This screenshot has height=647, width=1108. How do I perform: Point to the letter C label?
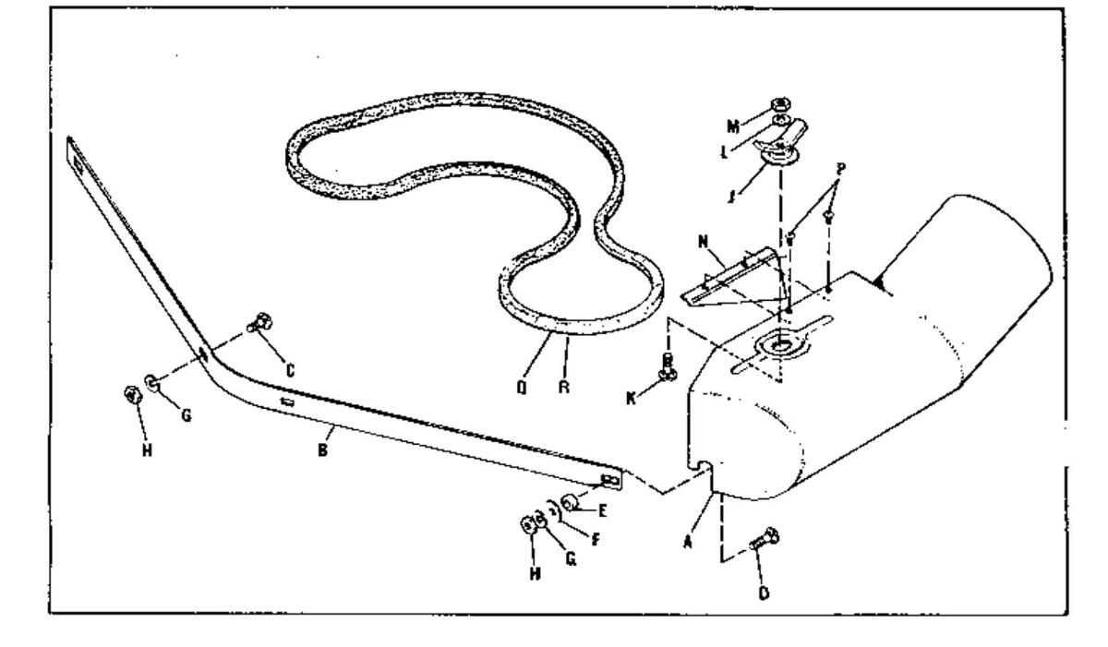pyautogui.click(x=289, y=371)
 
